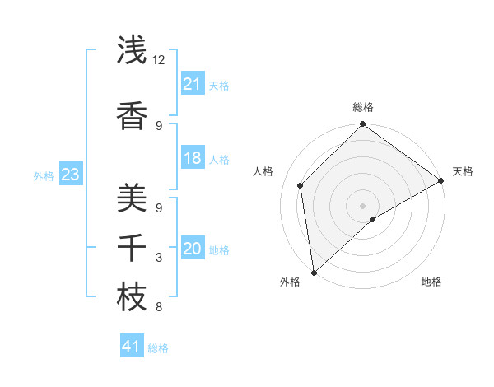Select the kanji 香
(x=132, y=116)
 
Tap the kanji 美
(x=132, y=198)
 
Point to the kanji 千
(x=132, y=246)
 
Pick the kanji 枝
(x=132, y=297)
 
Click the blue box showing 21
(x=192, y=84)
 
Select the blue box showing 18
(x=192, y=158)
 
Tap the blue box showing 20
(x=192, y=249)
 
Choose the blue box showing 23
(x=70, y=175)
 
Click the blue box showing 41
(x=132, y=347)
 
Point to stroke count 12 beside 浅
(x=158, y=60)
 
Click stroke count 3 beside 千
(x=159, y=258)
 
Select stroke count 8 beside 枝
(x=159, y=307)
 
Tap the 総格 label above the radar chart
(x=362, y=108)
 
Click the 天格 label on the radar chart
(x=463, y=171)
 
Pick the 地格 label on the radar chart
(x=431, y=282)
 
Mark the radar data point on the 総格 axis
(x=362, y=125)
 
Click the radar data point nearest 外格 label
(x=314, y=272)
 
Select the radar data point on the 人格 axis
(x=301, y=185)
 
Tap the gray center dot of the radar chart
(x=362, y=205)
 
